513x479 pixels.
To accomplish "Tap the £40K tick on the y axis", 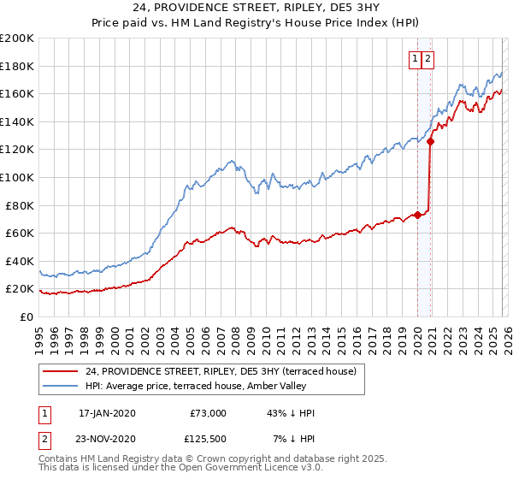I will [19, 261].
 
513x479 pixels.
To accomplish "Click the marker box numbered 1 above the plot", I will [416, 59].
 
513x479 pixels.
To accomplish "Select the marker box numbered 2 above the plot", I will [428, 59].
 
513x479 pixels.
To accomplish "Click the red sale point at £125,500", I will [430, 142].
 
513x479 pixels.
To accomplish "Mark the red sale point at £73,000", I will [417, 215].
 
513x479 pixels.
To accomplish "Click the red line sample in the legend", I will [61, 371].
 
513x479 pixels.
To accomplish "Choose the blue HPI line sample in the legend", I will [61, 386].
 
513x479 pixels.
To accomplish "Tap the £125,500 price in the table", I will [208, 439].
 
